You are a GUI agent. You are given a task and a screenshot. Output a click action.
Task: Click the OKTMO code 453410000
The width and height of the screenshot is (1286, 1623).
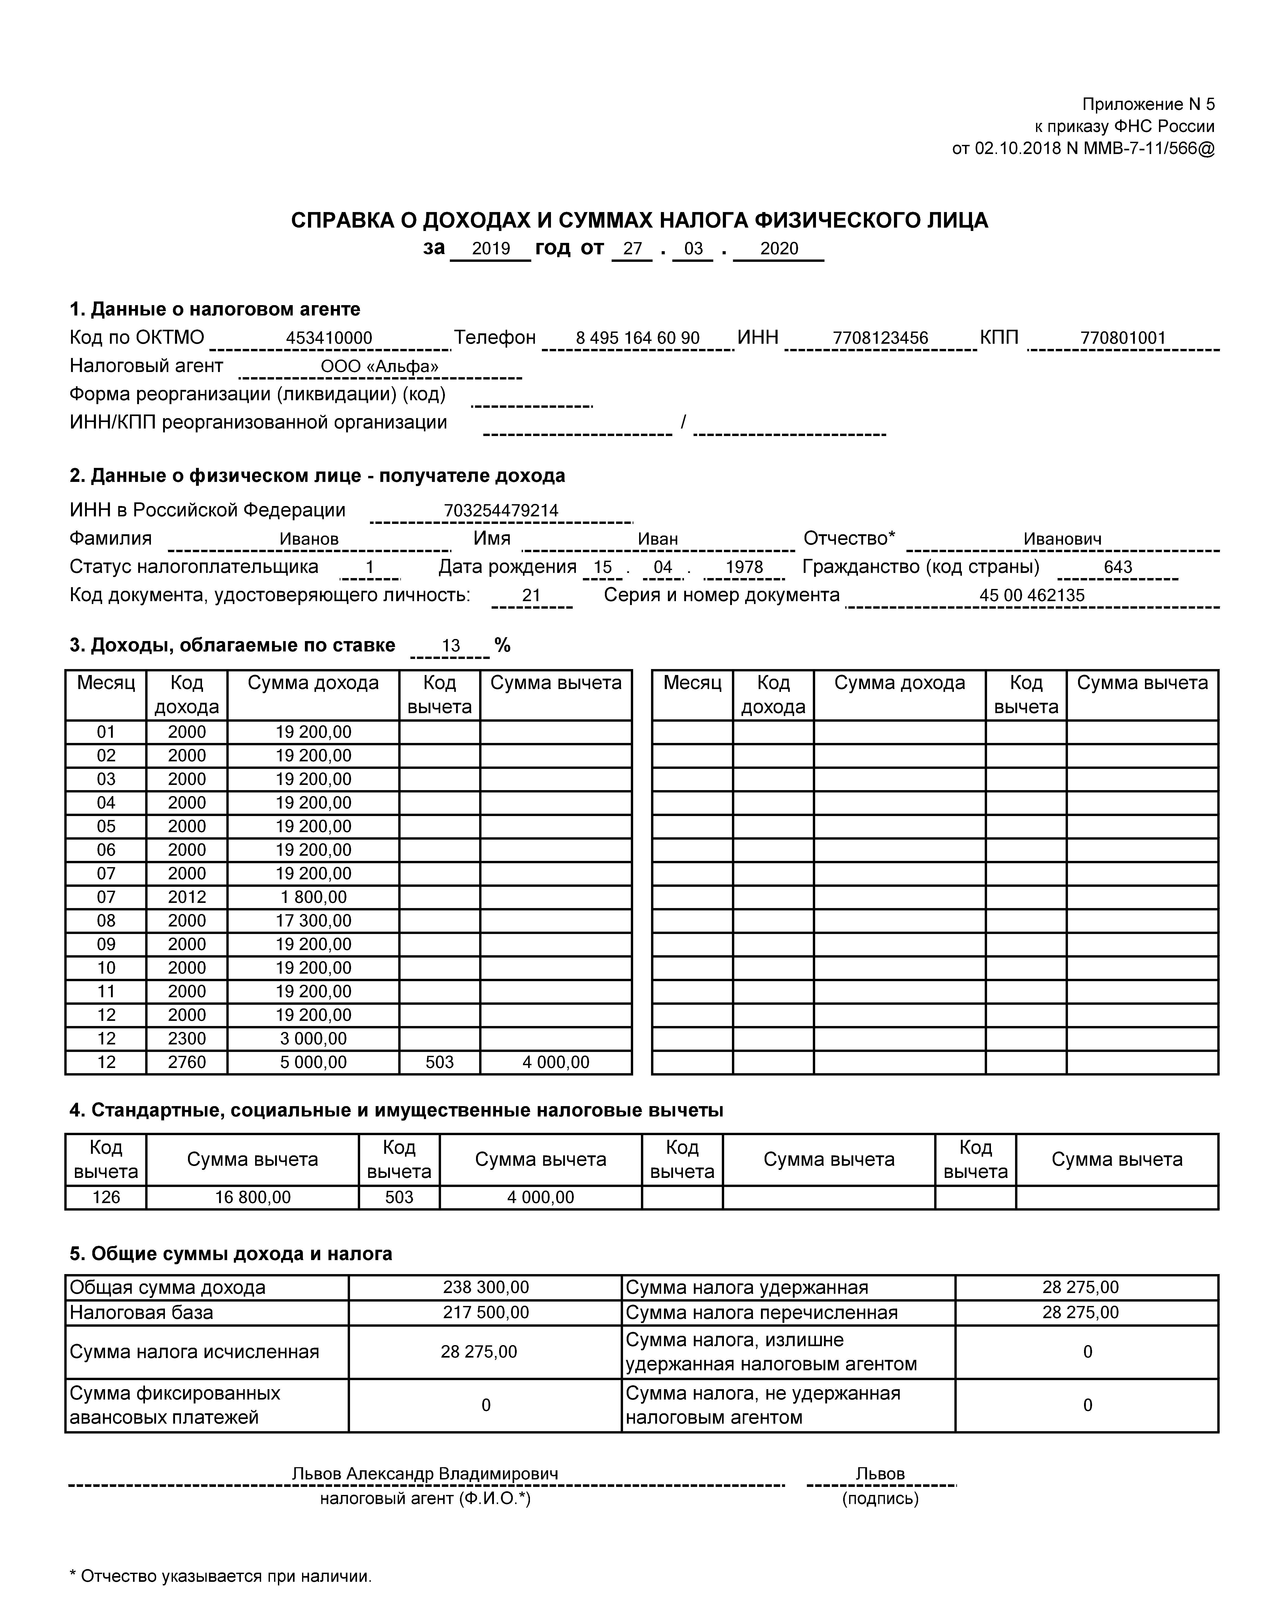[x=329, y=338]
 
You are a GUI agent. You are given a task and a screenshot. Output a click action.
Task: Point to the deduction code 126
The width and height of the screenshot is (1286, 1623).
[x=106, y=1197]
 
